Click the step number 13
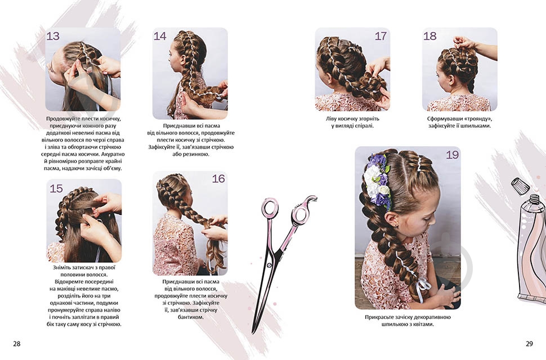[53, 36]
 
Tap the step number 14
[160, 36]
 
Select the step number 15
[56, 188]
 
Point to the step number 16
[218, 179]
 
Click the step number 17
[381, 36]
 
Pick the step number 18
[430, 36]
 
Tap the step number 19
[453, 155]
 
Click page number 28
[17, 344]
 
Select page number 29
[529, 344]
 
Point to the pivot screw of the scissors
[269, 265]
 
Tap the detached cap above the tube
[520, 186]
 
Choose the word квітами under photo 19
[423, 325]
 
